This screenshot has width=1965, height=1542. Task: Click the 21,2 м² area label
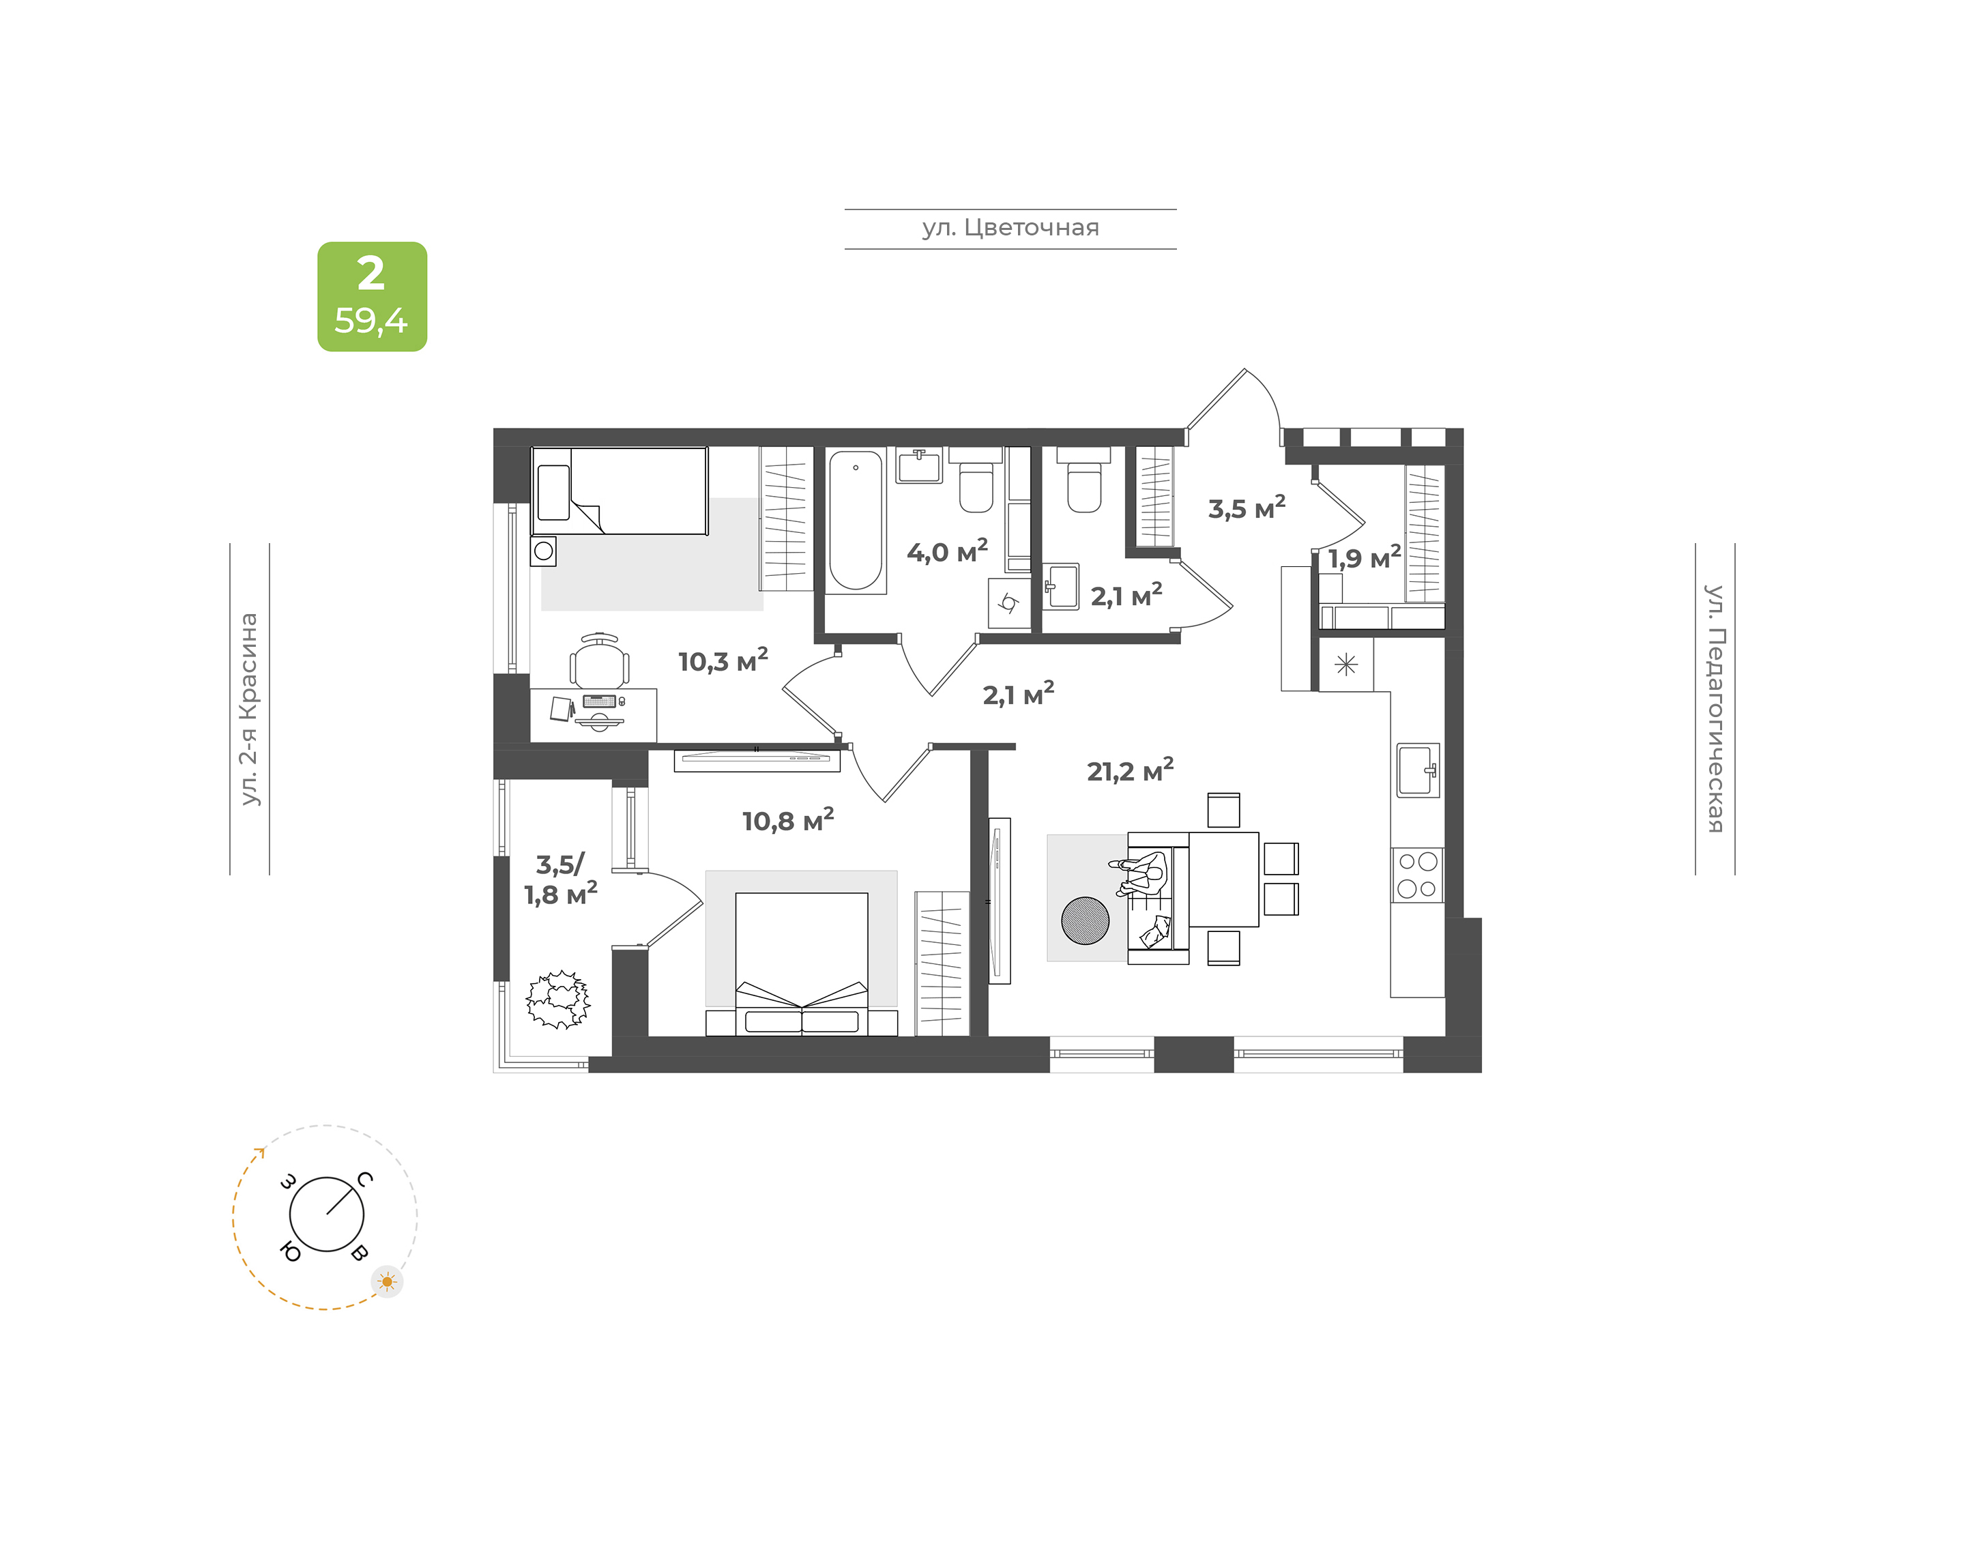pos(1130,770)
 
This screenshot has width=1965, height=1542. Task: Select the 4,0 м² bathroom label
pos(947,551)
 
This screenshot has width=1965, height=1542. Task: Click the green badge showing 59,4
pos(372,296)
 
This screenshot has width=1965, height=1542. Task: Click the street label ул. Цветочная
pos(1010,227)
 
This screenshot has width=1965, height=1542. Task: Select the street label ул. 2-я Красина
pos(249,709)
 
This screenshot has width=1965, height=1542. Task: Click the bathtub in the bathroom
pos(856,521)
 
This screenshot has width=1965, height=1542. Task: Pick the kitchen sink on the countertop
pos(1418,770)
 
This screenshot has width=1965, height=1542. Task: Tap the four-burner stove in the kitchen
pos(1417,875)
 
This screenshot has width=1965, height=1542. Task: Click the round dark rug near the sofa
pos(1085,920)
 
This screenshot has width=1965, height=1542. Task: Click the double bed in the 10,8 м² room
pos(802,963)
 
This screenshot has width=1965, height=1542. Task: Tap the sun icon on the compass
pos(388,1282)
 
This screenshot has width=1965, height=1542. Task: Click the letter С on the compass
pos(364,1179)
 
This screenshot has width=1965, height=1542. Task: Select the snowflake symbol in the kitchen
pos(1345,665)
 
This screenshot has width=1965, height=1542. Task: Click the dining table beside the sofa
pos(1223,879)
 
